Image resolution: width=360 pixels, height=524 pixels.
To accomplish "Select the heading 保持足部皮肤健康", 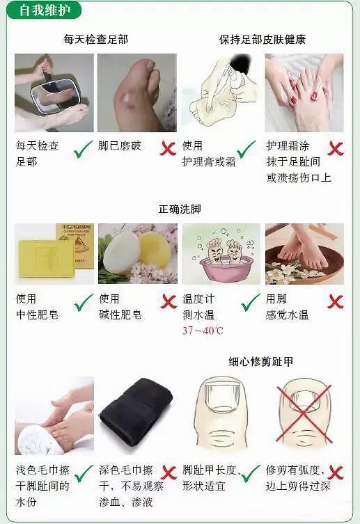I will (263, 39).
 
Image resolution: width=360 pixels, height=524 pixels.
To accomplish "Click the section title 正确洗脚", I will (180, 209).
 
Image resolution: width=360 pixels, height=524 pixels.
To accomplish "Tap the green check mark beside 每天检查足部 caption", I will (84, 148).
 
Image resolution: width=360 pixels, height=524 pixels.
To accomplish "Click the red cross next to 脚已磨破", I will (167, 148).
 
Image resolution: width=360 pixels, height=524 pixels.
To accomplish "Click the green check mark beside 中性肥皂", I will (84, 302).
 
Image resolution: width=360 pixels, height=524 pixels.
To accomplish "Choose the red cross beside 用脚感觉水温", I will (336, 301).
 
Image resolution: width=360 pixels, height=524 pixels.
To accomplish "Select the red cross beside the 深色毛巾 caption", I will (167, 473).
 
